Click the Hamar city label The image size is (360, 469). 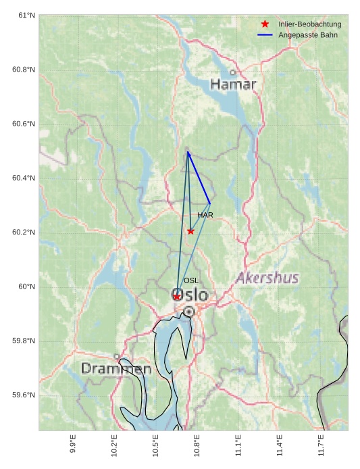click(233, 84)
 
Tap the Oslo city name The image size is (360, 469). click(190, 295)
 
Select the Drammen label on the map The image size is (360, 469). click(116, 369)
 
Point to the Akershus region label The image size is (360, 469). click(267, 278)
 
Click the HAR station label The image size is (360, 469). click(205, 215)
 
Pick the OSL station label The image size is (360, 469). click(191, 280)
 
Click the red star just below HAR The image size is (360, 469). click(190, 231)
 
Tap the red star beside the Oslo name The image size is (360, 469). click(177, 297)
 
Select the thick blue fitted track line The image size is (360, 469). click(199, 178)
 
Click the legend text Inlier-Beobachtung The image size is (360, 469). click(309, 24)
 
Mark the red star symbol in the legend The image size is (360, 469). click(265, 24)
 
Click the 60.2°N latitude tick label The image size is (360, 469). click(24, 232)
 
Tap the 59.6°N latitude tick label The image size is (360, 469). click(24, 395)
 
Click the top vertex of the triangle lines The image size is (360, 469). click(188, 152)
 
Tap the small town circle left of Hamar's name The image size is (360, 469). click(232, 72)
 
